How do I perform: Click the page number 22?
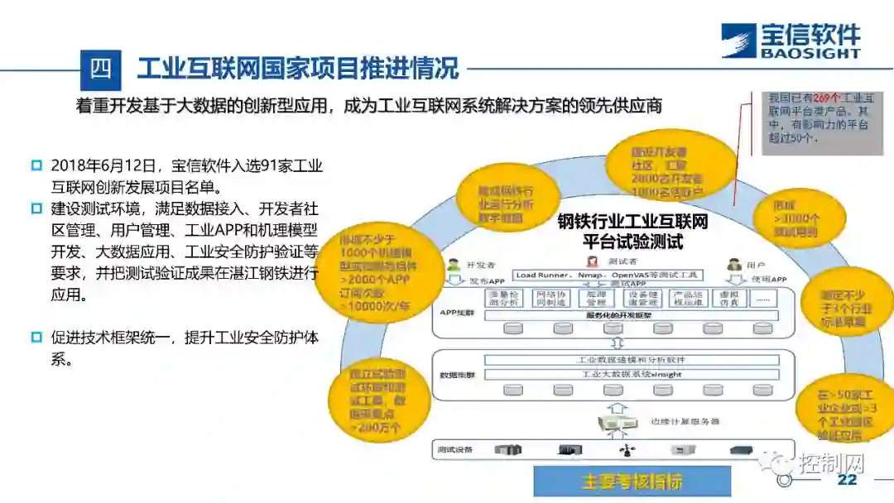tap(847, 481)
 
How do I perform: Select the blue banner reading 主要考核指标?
tap(632, 481)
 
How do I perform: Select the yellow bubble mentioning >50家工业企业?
tap(845, 408)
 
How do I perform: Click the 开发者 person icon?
tap(453, 266)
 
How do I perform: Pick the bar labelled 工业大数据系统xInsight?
tap(631, 374)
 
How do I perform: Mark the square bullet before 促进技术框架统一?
tap(36, 338)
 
